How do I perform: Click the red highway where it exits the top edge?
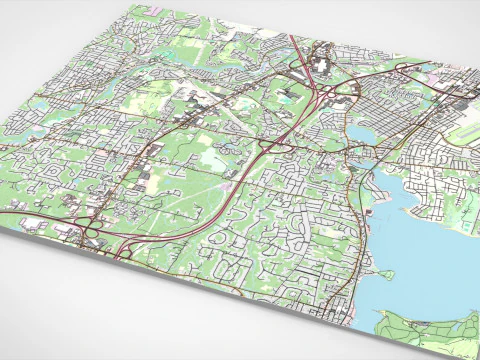pyautogui.click(x=291, y=37)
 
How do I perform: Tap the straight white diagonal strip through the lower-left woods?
pyautogui.click(x=180, y=215)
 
